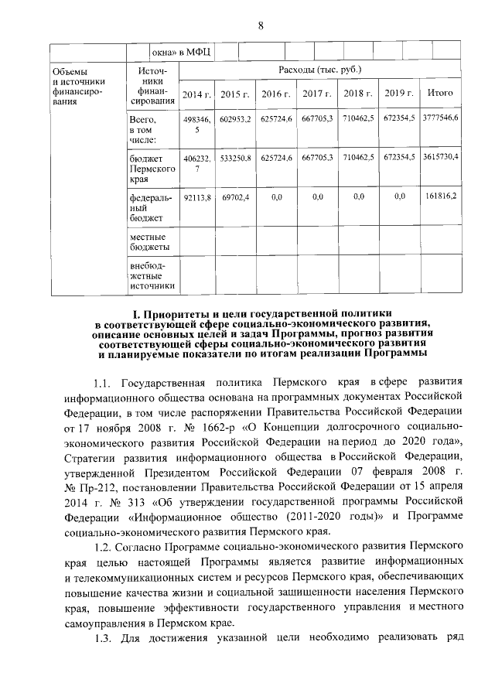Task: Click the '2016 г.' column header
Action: [x=276, y=94]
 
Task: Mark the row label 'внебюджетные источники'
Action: [x=152, y=276]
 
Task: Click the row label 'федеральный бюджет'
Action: [x=147, y=208]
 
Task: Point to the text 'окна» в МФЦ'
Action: [x=183, y=52]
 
